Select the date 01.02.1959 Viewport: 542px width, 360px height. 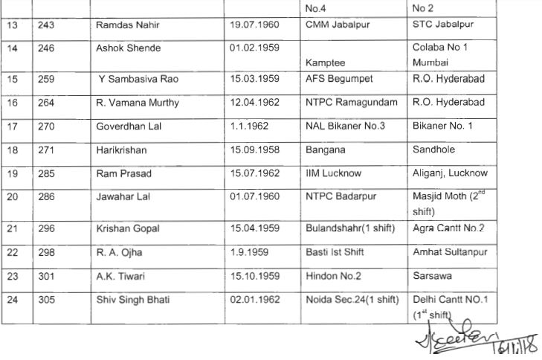(255, 48)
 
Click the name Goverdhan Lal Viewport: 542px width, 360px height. (129, 126)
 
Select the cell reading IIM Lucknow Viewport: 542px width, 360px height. (333, 173)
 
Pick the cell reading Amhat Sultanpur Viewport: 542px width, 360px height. (450, 252)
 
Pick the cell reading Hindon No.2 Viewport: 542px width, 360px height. (334, 275)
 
